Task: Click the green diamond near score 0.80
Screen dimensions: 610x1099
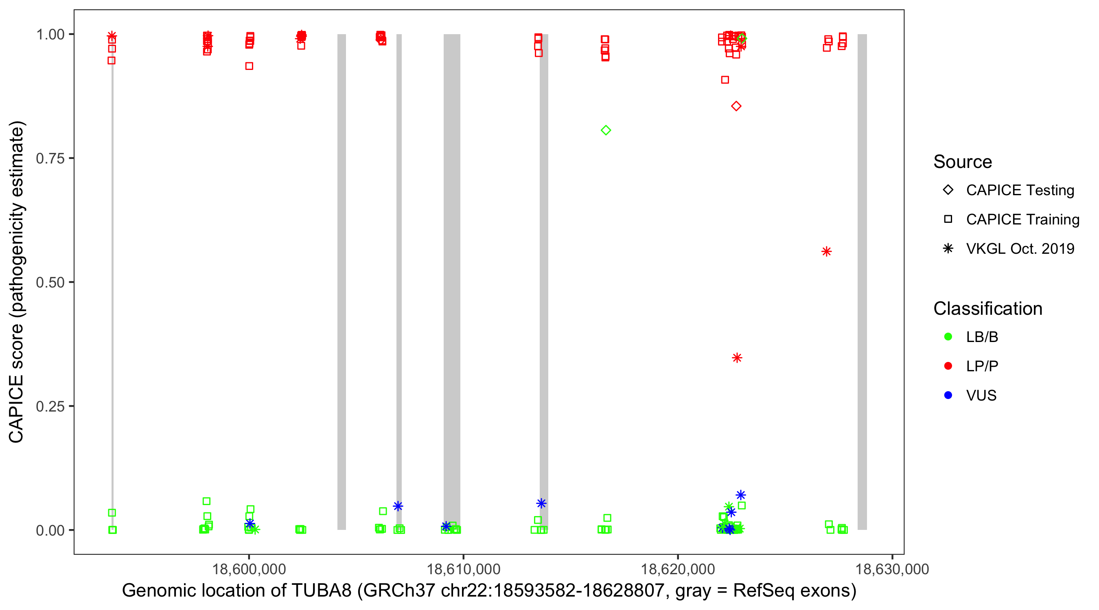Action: [x=606, y=130]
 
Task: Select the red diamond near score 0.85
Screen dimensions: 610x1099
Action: [x=736, y=106]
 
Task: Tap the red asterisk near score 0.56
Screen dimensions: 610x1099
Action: [x=826, y=251]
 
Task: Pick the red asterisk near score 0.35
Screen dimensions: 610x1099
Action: [x=737, y=357]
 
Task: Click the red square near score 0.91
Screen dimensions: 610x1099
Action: [x=725, y=80]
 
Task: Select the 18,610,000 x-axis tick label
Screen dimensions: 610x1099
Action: [x=463, y=569]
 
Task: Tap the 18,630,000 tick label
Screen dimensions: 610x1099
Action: [x=892, y=569]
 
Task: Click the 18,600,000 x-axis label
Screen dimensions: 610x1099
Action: [x=249, y=569]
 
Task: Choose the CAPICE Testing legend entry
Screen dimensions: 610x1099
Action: [x=1020, y=190]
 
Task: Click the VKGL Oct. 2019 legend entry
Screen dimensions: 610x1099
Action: [x=1020, y=248]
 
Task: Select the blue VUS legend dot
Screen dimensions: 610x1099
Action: [x=948, y=395]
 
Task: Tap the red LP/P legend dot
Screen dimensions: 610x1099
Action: [x=948, y=366]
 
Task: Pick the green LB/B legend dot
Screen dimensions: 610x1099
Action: [x=948, y=337]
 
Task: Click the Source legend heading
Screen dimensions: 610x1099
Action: [x=963, y=162]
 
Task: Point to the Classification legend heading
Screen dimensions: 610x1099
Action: [x=987, y=309]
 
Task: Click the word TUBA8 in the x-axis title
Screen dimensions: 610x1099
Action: [x=321, y=591]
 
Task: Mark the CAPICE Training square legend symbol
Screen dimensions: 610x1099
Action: [x=948, y=220]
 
